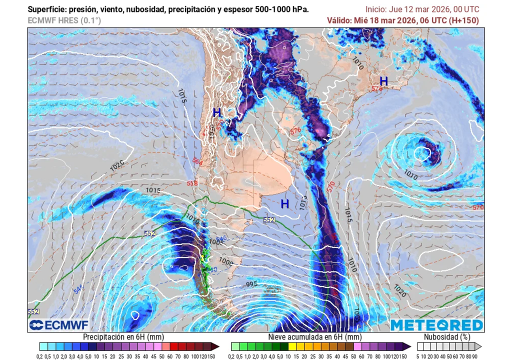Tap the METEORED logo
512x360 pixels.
[437, 325]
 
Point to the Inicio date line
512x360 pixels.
[422, 9]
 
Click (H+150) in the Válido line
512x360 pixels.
[463, 20]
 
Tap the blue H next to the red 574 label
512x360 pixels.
[383, 81]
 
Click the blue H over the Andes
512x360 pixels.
[217, 112]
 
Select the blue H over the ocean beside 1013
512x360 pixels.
[284, 204]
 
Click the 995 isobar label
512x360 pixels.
[252, 284]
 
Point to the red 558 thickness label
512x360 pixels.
[192, 183]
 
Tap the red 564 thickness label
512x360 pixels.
[197, 162]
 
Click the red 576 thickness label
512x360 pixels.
[295, 131]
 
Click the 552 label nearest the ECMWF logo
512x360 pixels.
[33, 311]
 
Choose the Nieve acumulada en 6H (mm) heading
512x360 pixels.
[314, 337]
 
